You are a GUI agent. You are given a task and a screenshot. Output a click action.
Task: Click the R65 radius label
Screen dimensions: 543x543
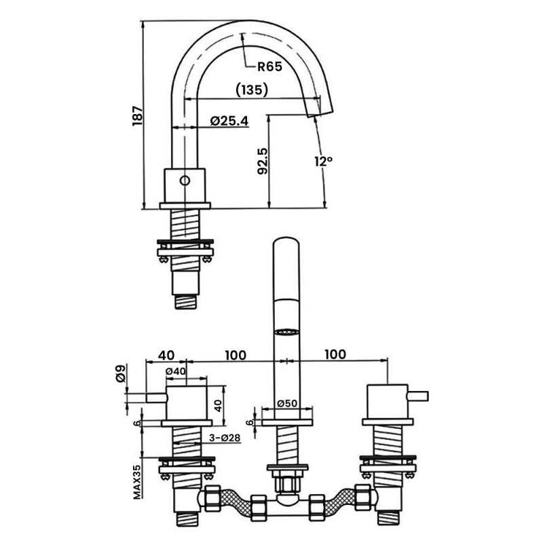pos(269,67)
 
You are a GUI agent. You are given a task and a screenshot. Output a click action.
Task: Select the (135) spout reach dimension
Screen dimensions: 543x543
pos(252,90)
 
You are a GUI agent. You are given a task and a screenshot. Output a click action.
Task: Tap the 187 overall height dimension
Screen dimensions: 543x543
pos(138,115)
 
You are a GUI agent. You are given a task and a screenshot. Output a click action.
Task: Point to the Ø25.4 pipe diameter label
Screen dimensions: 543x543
pos(229,121)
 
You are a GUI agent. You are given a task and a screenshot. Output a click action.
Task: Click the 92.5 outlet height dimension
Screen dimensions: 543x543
pos(263,161)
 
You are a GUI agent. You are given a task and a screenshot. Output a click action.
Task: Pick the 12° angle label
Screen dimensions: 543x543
pos(324,161)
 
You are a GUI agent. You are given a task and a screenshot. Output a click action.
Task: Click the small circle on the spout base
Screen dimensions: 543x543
pos(185,181)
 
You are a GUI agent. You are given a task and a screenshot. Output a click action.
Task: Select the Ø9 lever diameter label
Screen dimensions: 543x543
pos(121,373)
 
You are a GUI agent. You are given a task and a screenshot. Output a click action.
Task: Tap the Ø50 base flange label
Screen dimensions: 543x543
pos(287,403)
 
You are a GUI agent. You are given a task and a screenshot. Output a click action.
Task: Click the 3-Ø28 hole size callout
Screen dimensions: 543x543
pos(225,438)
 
